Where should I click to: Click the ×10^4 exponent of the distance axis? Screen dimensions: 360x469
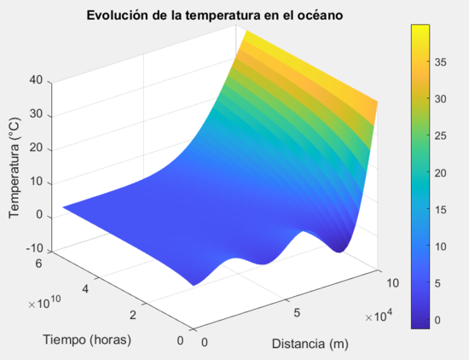373,317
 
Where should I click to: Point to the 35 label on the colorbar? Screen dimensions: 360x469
444,61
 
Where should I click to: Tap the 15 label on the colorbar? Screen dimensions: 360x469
444,210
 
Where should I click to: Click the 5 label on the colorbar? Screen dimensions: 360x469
441,284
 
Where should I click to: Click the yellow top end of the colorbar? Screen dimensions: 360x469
420,29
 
